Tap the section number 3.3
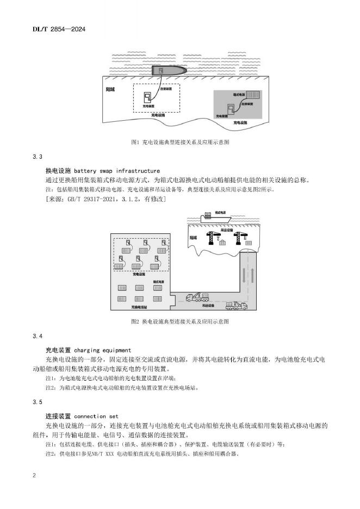(38, 157)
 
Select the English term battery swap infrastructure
(116, 171)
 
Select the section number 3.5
(38, 402)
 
